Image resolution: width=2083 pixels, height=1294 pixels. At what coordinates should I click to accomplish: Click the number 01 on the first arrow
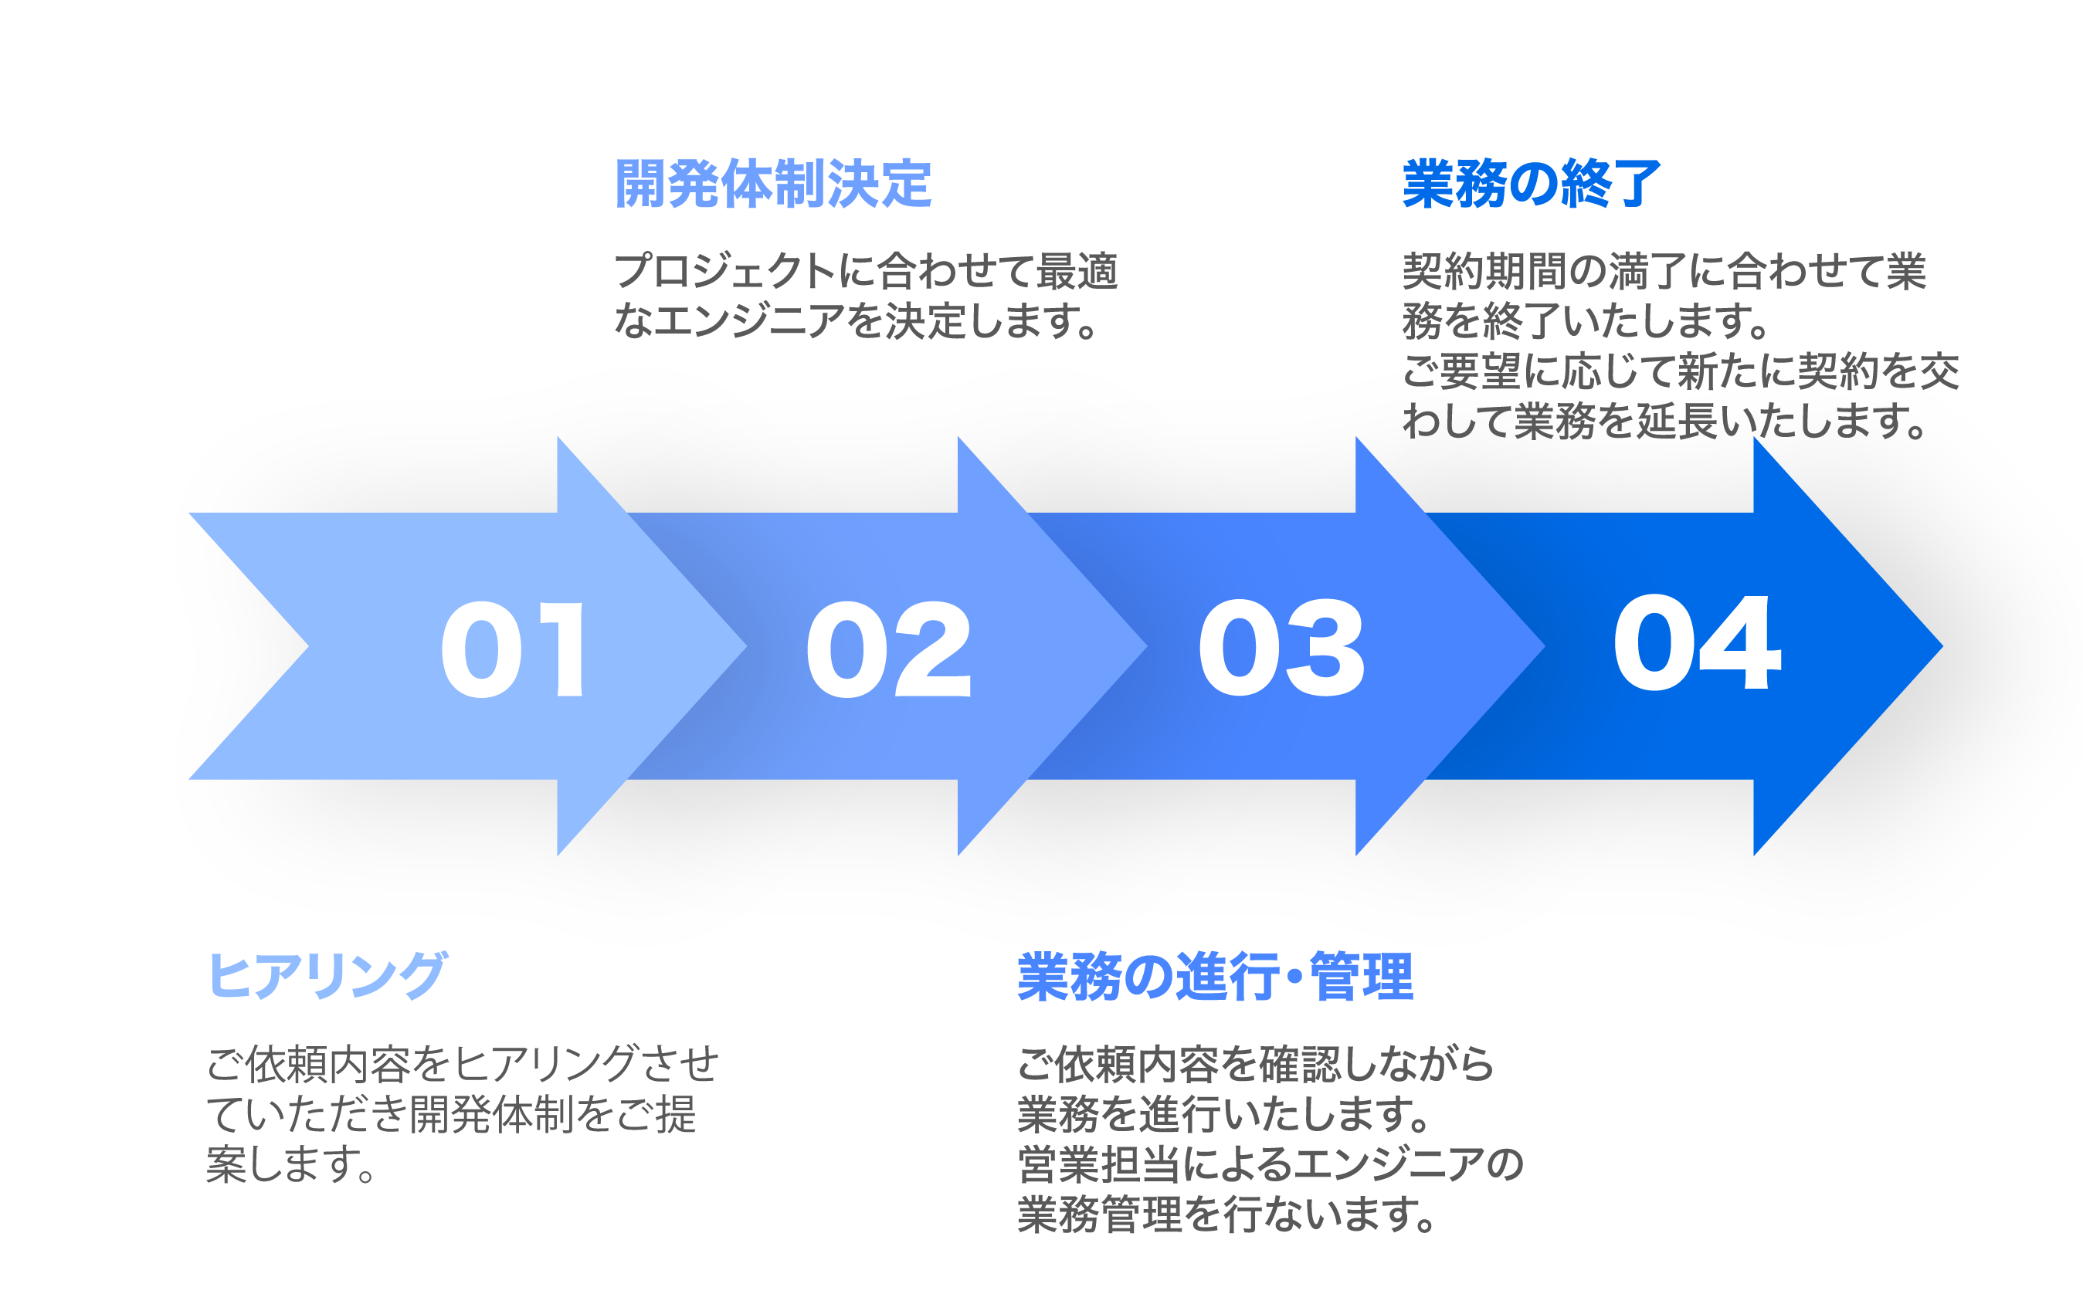pos(513,648)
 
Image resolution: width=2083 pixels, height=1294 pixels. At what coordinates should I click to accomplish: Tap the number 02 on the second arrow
pos(889,648)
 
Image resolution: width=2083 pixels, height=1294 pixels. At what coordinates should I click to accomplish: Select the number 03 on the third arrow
pos(1281,648)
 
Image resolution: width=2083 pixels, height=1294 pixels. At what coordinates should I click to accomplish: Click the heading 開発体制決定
pos(773,184)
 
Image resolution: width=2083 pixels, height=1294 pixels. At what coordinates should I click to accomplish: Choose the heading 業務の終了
pos(1532,184)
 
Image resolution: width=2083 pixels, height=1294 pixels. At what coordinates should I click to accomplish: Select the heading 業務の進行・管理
pos(1215,976)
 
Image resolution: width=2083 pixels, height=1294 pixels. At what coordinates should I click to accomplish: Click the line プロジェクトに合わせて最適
pos(866,271)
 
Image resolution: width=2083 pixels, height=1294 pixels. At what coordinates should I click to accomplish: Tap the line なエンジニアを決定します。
pos(857,321)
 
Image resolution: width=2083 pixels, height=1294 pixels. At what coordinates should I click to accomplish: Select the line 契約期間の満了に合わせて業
pos(1664,271)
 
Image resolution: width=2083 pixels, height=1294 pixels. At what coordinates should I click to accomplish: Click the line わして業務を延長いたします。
pos(1664,421)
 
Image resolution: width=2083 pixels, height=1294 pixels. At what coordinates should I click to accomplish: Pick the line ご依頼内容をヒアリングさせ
pos(463,1064)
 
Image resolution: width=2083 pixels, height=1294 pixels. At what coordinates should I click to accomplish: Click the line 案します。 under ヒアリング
pos(291,1165)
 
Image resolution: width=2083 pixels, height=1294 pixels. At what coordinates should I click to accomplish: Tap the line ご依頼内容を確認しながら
pos(1255,1064)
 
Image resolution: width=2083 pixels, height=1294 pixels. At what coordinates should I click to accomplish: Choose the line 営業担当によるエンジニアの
pos(1270,1164)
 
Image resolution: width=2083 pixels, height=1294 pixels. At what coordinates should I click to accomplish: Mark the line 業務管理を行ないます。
pos(1226,1214)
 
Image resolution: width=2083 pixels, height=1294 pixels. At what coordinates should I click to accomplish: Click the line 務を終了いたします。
pos(1586,321)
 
